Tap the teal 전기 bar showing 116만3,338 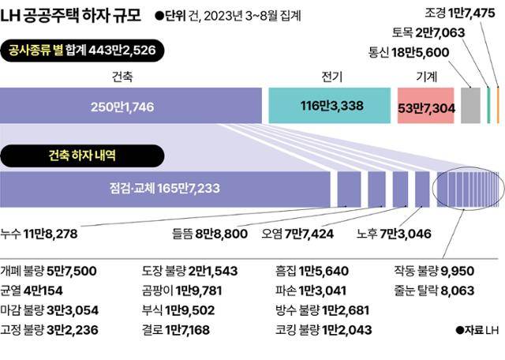pos(329,105)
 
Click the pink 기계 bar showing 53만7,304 pos(426,105)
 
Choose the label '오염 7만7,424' pos(313,233)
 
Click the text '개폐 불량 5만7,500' pos(48,271)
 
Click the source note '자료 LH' pos(477,329)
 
